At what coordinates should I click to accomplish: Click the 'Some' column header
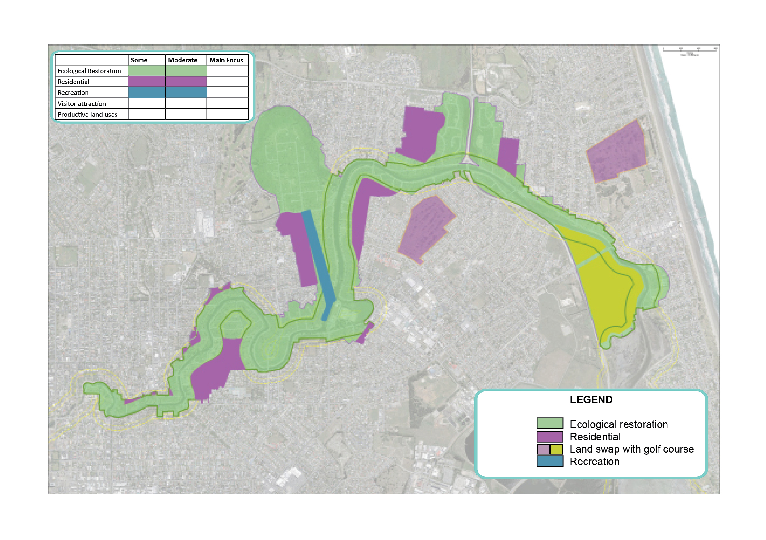tap(139, 60)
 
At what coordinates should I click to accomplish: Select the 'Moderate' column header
tap(183, 60)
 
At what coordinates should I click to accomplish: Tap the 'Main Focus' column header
tap(226, 60)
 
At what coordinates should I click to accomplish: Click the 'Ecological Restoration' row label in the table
tap(89, 71)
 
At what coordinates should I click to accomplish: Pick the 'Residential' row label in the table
tap(74, 82)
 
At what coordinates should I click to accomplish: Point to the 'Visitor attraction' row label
tap(82, 103)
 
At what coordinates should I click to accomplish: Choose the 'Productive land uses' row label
tap(87, 115)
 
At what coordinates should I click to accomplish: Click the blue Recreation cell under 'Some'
tap(146, 92)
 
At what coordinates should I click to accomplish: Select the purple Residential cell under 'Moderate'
tap(186, 82)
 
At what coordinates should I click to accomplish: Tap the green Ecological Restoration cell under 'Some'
tap(146, 71)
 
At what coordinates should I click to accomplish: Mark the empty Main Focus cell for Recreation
tap(227, 92)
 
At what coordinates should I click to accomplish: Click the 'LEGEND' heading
tap(591, 399)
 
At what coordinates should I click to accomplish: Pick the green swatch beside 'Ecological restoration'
tap(550, 423)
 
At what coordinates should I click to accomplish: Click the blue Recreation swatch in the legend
tap(550, 461)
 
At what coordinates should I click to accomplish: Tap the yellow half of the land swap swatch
tap(557, 449)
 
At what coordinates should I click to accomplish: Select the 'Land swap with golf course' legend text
tap(632, 449)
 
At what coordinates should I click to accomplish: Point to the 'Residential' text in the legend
tap(595, 437)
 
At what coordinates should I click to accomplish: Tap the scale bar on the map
tap(690, 50)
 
